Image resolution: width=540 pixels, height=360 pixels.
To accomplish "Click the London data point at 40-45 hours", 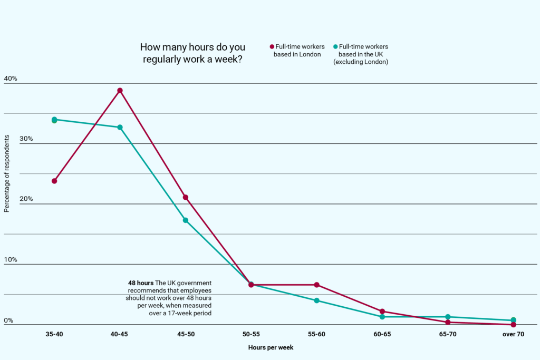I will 120,91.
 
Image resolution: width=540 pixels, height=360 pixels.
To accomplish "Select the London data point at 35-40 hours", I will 54,181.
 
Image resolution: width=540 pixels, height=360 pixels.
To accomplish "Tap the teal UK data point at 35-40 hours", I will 54,120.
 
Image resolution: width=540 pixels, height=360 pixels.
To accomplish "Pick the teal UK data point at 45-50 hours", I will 186,220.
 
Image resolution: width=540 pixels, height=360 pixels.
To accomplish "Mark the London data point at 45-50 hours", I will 186,197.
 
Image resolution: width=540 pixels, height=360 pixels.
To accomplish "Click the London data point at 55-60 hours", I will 317,285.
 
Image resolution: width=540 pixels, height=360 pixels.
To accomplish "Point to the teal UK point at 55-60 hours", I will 317,300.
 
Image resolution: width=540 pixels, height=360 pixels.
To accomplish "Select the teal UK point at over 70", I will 514,320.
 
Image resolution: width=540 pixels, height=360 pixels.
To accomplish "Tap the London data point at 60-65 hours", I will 382,312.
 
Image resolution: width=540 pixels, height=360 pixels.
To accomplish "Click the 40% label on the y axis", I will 11,79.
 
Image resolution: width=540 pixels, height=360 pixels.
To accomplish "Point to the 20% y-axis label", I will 11,199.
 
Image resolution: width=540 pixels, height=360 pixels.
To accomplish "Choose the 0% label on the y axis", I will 8,320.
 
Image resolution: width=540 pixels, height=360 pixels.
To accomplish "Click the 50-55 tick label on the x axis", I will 251,334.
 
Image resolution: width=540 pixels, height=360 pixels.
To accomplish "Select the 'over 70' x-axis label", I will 513,334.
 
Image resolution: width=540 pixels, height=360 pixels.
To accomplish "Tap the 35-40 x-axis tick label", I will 54,334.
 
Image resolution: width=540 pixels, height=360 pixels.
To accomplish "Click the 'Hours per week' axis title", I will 271,348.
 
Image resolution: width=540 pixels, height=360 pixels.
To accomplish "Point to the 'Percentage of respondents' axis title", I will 7,173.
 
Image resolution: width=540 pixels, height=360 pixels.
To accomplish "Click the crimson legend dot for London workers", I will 272,47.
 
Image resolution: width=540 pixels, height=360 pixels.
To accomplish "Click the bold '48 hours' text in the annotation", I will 141,283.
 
